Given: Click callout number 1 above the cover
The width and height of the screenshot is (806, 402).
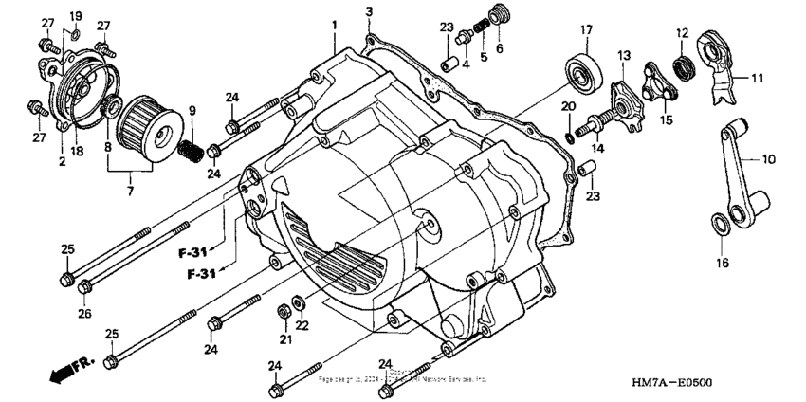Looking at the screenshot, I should coord(334,21).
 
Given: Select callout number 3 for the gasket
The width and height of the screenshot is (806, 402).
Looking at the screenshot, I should coord(369,11).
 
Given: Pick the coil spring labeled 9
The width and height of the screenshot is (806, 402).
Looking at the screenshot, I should coord(189,148).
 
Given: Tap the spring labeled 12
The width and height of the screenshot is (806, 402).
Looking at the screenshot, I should coord(682,67).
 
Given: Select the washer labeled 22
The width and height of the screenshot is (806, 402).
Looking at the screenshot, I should coord(299,302).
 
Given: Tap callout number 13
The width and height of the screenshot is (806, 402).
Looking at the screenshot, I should coord(622,57).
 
